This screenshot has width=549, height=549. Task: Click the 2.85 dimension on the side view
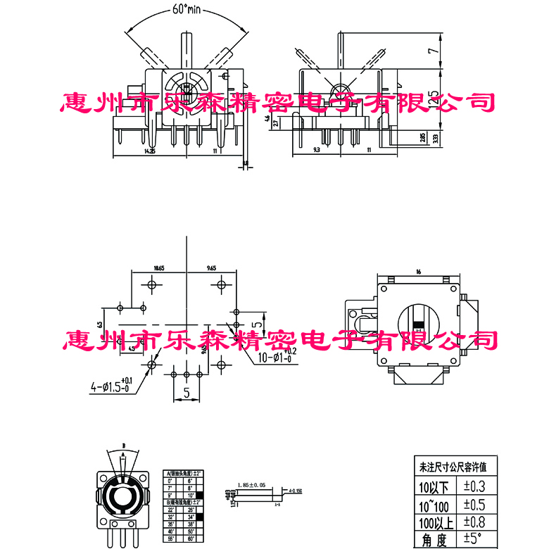point(423,139)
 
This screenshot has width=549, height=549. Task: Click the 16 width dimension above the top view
point(418,272)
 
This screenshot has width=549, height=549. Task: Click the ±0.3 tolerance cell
point(476,486)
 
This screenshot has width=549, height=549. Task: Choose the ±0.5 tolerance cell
point(476,504)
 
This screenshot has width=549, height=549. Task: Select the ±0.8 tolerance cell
point(476,522)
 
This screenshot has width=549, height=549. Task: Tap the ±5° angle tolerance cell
point(476,540)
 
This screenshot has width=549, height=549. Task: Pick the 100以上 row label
point(436,522)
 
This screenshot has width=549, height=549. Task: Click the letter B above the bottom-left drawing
point(124,446)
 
